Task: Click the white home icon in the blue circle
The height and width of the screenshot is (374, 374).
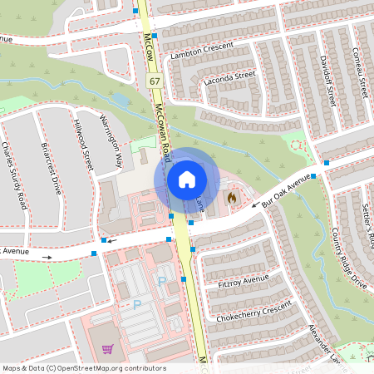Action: click(x=187, y=179)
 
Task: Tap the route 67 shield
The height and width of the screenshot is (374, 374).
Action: click(x=155, y=81)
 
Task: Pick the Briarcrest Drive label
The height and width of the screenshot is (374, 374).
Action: click(x=51, y=167)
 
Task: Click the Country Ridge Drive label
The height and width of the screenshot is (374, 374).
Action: click(x=347, y=258)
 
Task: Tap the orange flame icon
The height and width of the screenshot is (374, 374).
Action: click(x=232, y=199)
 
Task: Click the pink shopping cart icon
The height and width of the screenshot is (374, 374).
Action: click(x=107, y=350)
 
